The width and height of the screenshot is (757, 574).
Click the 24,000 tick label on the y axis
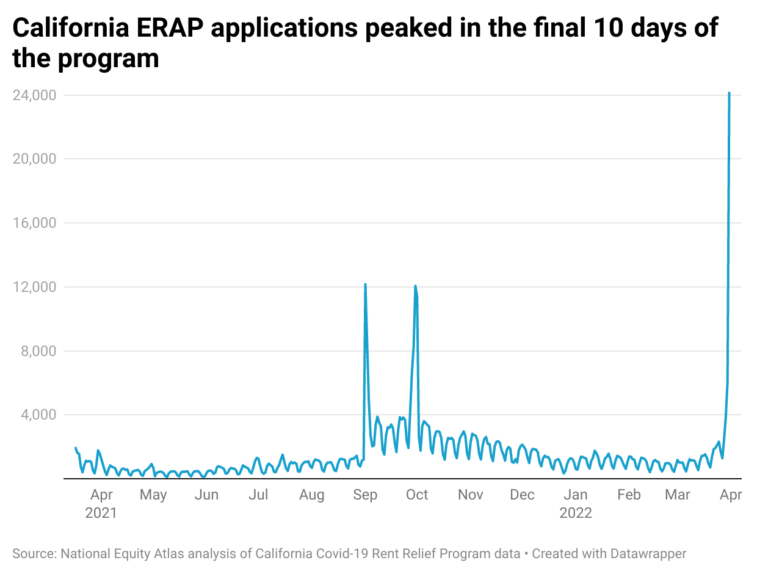[x=35, y=96]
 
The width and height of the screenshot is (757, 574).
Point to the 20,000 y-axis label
[x=35, y=159]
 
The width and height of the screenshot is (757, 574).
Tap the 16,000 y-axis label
[x=35, y=223]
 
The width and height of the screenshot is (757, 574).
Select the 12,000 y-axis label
[x=35, y=288]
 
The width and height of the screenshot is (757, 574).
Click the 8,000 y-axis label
[x=38, y=352]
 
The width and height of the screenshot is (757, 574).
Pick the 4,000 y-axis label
[x=38, y=415]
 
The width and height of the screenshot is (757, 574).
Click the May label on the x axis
[x=153, y=495]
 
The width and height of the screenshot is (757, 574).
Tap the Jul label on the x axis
[x=258, y=495]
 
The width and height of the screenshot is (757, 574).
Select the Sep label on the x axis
[x=365, y=495]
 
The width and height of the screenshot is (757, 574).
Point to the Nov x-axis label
[x=470, y=495]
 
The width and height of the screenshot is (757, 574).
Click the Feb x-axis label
[x=629, y=495]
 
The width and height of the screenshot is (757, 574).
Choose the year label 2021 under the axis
[x=101, y=513]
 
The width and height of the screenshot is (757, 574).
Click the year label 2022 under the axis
[x=576, y=513]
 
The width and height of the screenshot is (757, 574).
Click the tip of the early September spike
[x=365, y=285]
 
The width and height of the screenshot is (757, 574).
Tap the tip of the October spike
[x=415, y=286]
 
